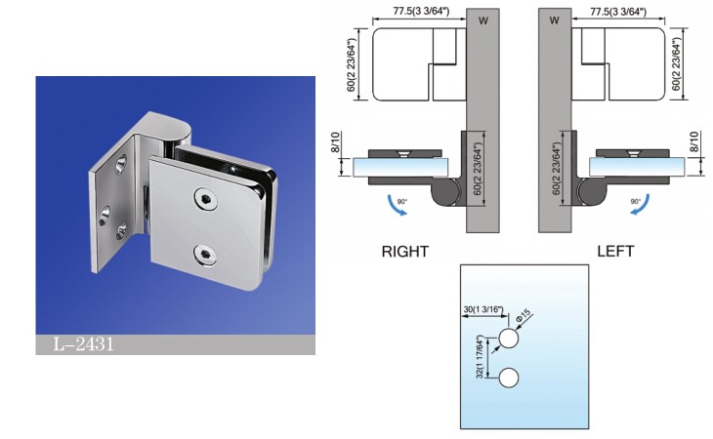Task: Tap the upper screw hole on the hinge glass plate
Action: pos(205,198)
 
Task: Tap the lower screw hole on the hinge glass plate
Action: pos(205,256)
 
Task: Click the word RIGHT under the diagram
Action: pos(404,251)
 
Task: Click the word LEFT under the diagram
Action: pos(615,251)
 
